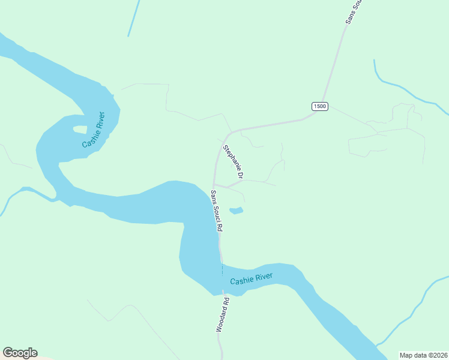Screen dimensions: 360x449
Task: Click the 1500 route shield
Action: point(320,106)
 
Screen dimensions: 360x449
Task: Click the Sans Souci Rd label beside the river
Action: point(217,211)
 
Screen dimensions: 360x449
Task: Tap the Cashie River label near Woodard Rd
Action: point(252,279)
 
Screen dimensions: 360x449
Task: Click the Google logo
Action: point(20,353)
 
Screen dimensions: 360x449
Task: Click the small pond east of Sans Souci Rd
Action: point(237,211)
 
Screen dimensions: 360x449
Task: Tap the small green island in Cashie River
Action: point(79,129)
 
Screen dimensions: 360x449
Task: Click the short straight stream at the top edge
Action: point(133,18)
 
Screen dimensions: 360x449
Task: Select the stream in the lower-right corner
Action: point(414,312)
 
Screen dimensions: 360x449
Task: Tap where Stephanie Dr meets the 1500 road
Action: point(231,131)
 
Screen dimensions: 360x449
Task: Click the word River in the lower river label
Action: point(262,277)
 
